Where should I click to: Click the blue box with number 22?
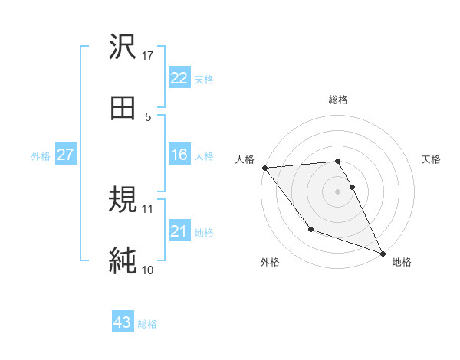[x=179, y=78]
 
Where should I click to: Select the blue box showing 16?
[x=179, y=155]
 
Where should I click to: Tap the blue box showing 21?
[x=179, y=231]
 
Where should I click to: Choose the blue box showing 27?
[x=65, y=155]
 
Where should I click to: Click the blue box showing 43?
[x=123, y=322]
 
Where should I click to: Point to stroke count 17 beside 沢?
[x=149, y=56]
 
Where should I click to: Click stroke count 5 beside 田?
[x=148, y=116]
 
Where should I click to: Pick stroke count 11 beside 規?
[x=148, y=208]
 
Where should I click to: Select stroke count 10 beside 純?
[x=148, y=270]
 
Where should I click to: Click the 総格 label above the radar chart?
[x=338, y=100]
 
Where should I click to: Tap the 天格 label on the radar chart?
[x=432, y=159]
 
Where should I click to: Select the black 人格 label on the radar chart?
[x=245, y=159]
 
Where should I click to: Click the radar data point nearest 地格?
[x=383, y=254]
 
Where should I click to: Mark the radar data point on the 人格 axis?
[x=265, y=168]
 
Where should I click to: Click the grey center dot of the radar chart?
[x=338, y=191]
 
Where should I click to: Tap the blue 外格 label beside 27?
[x=41, y=155]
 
